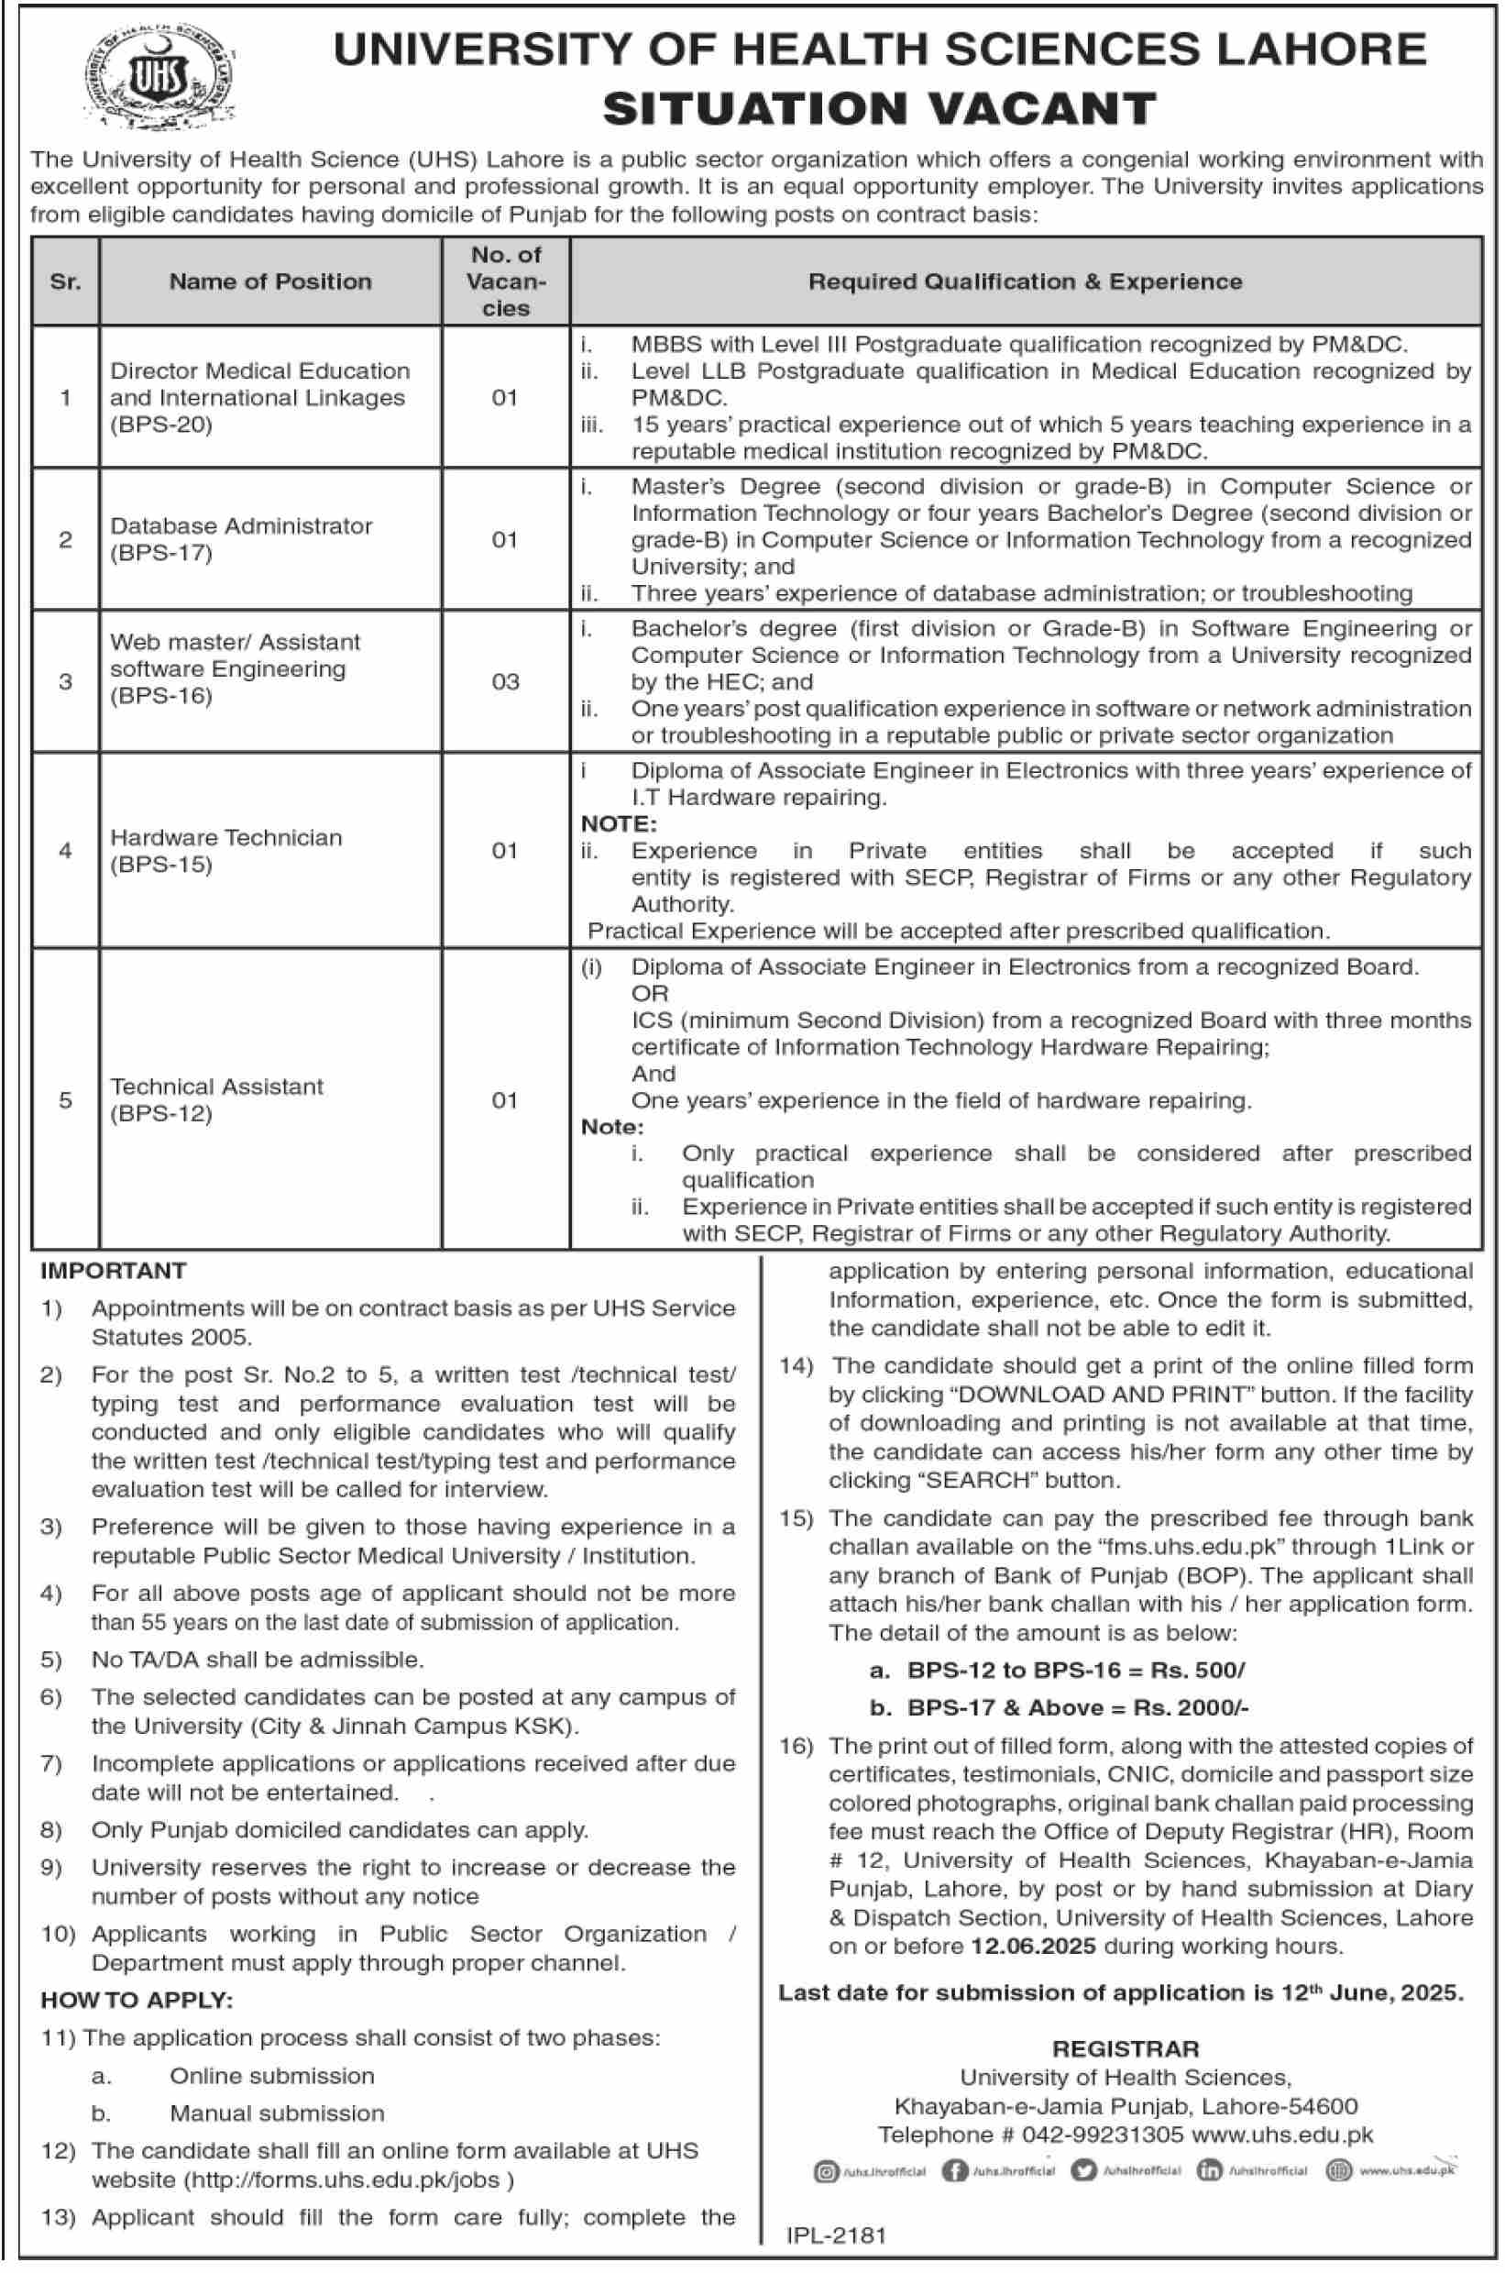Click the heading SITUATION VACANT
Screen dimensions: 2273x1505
tap(879, 108)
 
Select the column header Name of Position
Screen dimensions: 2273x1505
tap(269, 281)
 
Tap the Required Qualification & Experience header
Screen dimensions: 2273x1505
tap(1024, 281)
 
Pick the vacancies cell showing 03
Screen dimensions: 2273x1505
tap(505, 681)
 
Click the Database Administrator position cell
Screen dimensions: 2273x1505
tap(241, 538)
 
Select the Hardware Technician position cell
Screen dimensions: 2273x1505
tap(225, 851)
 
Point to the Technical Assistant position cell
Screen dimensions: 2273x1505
tap(216, 1099)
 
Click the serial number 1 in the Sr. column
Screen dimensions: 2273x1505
tap(65, 397)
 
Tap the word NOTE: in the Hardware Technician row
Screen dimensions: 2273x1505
tap(619, 823)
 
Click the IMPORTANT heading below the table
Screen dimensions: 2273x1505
tap(114, 1270)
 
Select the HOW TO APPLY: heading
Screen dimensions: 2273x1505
tap(137, 2001)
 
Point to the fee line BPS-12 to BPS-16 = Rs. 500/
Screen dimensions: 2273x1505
tap(1075, 1671)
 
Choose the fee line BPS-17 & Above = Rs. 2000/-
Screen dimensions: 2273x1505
tap(1077, 1707)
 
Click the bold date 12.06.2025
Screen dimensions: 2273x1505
tap(1033, 1946)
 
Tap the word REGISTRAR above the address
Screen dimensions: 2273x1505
tap(1125, 2049)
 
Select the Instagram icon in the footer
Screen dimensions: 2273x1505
tap(825, 2171)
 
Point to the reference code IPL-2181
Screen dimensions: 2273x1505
tap(836, 2235)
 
